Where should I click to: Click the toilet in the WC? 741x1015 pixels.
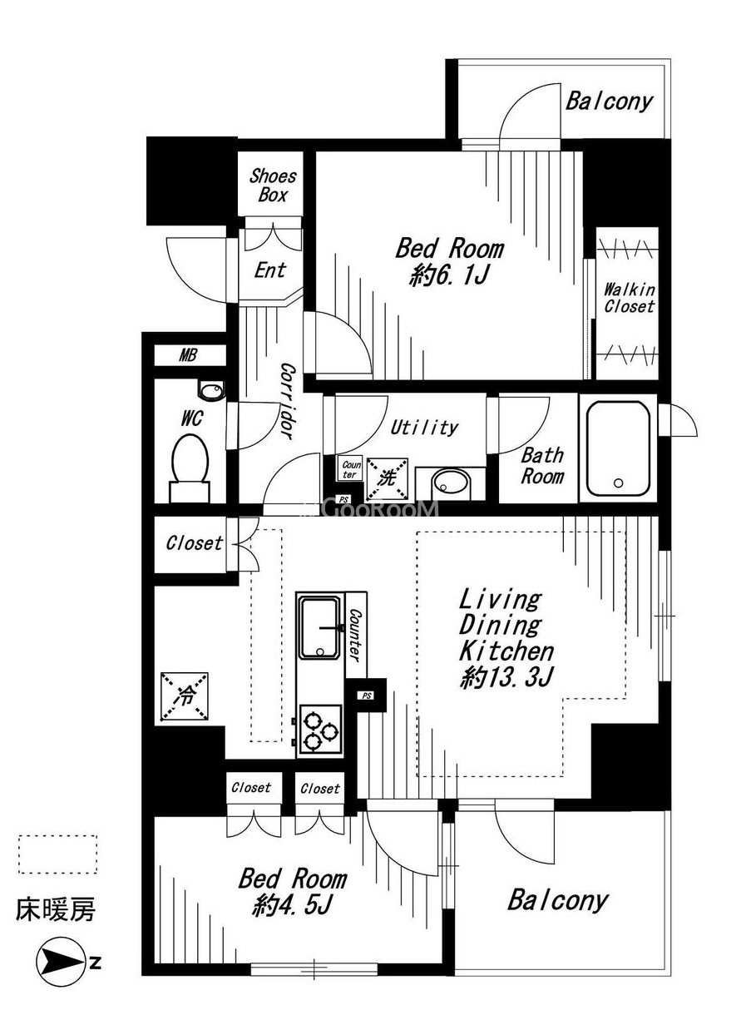pyautogui.click(x=190, y=468)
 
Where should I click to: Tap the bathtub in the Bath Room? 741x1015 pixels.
pyautogui.click(x=618, y=448)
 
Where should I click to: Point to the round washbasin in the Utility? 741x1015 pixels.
pyautogui.click(x=450, y=483)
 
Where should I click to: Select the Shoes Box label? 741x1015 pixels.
pyautogui.click(x=273, y=186)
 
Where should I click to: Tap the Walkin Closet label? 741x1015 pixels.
pyautogui.click(x=629, y=298)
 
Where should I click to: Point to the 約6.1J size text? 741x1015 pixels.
pyautogui.click(x=449, y=275)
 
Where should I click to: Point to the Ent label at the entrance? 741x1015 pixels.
pyautogui.click(x=270, y=270)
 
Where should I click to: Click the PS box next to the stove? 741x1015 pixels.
pyautogui.click(x=367, y=695)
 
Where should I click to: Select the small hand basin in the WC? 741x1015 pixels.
pyautogui.click(x=210, y=390)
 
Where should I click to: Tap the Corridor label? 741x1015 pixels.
pyautogui.click(x=288, y=400)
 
